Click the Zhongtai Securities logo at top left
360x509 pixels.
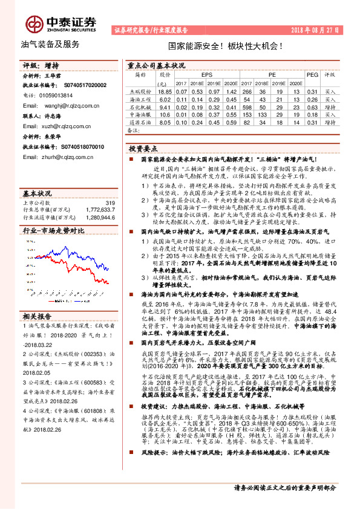pos(61,22)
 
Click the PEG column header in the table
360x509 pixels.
pos(312,74)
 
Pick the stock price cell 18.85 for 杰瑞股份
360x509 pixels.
pos(165,91)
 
